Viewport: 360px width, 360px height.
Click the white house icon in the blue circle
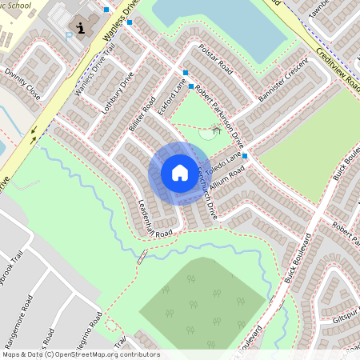tap(179, 173)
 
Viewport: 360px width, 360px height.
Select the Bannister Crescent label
tap(283, 80)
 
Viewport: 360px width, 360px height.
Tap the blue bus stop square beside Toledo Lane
tap(245, 155)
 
